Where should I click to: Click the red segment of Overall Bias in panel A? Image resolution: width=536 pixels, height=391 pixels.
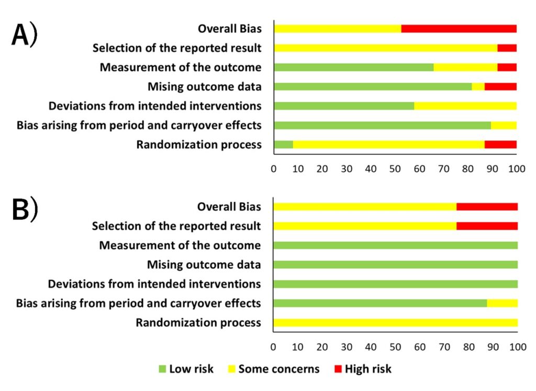(459, 28)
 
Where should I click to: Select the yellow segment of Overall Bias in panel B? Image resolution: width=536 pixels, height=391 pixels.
(365, 207)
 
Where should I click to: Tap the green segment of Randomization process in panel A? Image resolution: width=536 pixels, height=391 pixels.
(283, 145)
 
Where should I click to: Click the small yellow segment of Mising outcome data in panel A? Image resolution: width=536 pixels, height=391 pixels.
(478, 86)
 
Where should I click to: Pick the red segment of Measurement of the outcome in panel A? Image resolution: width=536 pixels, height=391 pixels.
(507, 67)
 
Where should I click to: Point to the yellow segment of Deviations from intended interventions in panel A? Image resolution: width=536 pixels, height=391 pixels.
(465, 106)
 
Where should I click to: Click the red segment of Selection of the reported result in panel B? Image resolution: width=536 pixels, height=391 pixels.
(487, 226)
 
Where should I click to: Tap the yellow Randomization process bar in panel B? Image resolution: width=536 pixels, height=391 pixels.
(396, 322)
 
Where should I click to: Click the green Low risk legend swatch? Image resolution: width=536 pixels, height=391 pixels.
(162, 369)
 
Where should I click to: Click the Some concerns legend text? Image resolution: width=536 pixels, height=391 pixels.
(278, 369)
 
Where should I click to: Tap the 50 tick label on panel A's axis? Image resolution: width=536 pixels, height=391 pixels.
(395, 169)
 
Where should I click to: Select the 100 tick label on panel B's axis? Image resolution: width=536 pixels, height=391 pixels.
(517, 346)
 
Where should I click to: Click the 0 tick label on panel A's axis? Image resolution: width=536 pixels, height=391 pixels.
(274, 169)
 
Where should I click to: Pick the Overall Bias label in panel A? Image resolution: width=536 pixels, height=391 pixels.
(229, 29)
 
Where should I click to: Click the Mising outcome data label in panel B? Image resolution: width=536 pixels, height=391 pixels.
(204, 265)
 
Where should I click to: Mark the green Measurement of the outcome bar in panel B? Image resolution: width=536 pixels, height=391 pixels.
(396, 245)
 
